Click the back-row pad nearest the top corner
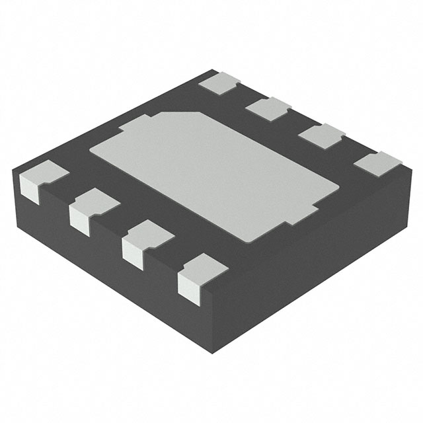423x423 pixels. tap(220, 83)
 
